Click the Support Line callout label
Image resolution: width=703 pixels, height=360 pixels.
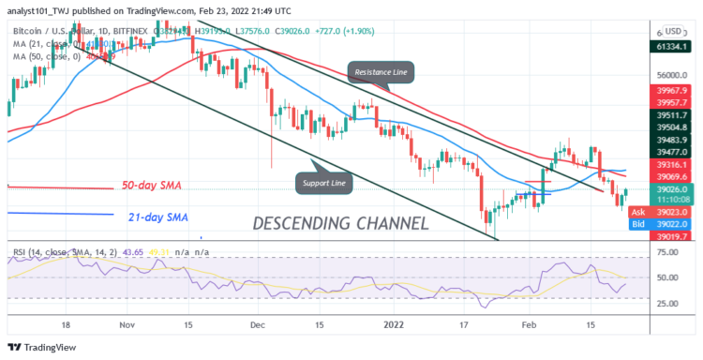[x=322, y=183]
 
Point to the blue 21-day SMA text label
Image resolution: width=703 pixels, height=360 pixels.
[x=157, y=217]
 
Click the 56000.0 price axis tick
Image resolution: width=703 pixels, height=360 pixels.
[x=667, y=76]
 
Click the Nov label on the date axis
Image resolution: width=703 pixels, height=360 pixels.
[x=126, y=322]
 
